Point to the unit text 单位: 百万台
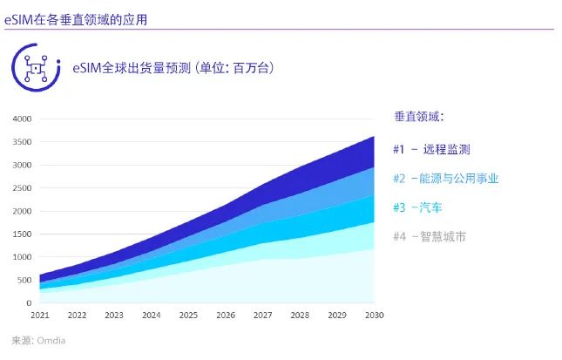(x=229, y=67)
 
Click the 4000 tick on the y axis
(x=22, y=119)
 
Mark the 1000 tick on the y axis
(x=22, y=257)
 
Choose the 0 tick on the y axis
(x=29, y=303)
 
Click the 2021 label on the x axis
(x=40, y=315)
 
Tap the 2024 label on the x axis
(x=152, y=315)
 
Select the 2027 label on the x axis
(x=263, y=315)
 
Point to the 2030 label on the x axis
(x=374, y=315)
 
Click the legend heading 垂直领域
(x=419, y=117)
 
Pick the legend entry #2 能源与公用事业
(x=446, y=179)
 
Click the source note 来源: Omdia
(x=38, y=341)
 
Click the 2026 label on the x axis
(x=226, y=315)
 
